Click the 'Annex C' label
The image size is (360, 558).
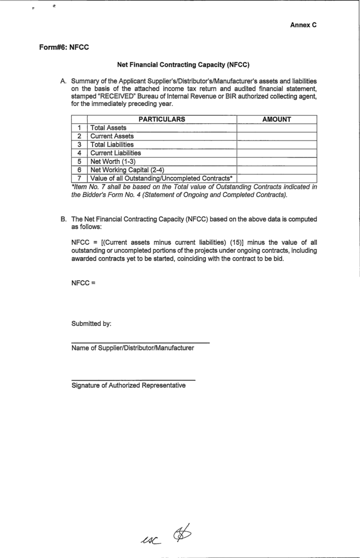pyautogui.click(x=303, y=25)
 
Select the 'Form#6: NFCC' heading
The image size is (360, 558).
pyautogui.click(x=64, y=47)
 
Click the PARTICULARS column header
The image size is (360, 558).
pyautogui.click(x=162, y=119)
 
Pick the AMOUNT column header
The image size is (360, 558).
pyautogui.click(x=277, y=119)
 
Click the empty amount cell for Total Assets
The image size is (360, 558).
pyautogui.click(x=277, y=128)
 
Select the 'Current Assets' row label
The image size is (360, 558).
pyautogui.click(x=112, y=136)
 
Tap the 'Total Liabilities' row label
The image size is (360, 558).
pyautogui.click(x=112, y=144)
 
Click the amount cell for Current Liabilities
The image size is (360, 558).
pyautogui.click(x=277, y=153)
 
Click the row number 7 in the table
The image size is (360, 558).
pyautogui.click(x=80, y=178)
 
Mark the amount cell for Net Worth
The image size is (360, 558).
pyautogui.click(x=277, y=161)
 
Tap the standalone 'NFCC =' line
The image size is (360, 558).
pyautogui.click(x=83, y=283)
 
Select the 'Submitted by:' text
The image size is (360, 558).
pyautogui.click(x=91, y=324)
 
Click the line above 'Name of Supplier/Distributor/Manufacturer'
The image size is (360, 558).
pyautogui.click(x=140, y=342)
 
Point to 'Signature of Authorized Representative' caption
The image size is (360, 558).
pyautogui.click(x=129, y=386)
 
